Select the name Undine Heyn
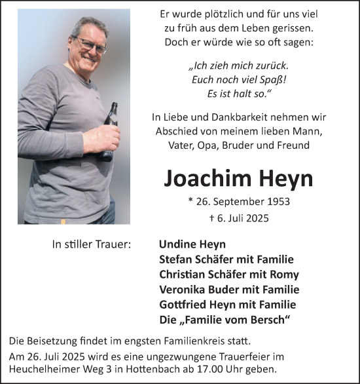coord(192,244)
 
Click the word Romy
coord(285,275)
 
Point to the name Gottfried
coord(183,305)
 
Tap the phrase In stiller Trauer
coord(92,244)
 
